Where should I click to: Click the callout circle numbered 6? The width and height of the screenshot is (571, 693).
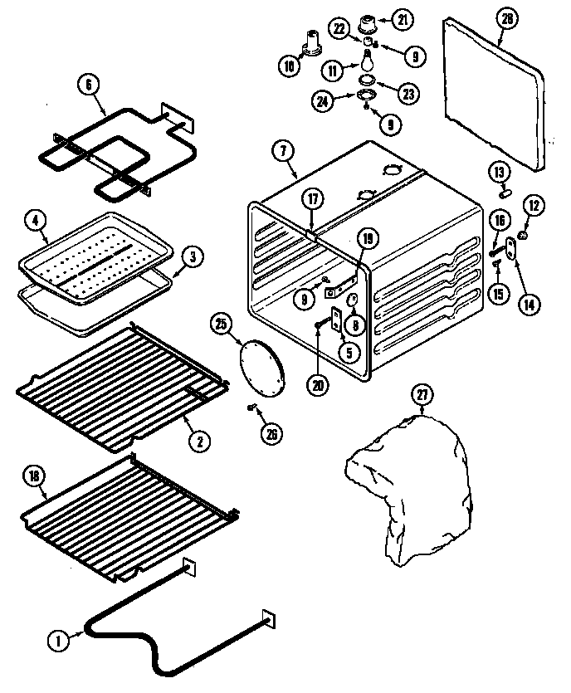[90, 83]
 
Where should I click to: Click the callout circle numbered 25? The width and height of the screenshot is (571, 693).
[220, 325]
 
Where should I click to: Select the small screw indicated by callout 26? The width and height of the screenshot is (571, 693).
[251, 407]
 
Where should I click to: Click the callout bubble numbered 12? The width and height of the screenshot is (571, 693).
[534, 204]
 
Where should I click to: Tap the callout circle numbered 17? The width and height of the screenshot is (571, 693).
[311, 200]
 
